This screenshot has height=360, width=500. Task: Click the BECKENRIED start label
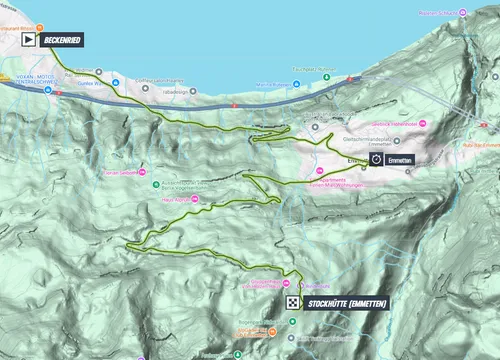click(x=62, y=39)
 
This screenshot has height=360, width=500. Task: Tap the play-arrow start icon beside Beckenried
click(x=26, y=39)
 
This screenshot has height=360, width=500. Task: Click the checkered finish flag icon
click(x=290, y=302)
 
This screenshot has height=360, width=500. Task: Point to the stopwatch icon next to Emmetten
click(x=376, y=159)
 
